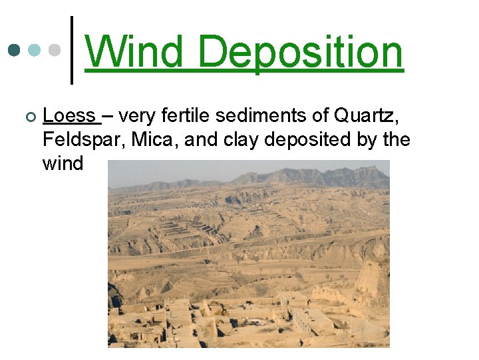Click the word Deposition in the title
tap(300, 53)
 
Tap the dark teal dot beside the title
tap(14, 51)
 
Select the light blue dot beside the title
tap(35, 51)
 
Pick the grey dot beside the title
tap(55, 51)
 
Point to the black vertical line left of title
tap(72, 50)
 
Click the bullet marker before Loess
tap(27, 117)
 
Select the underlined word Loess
tap(69, 116)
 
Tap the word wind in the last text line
tap(63, 163)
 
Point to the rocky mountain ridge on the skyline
tap(313, 177)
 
